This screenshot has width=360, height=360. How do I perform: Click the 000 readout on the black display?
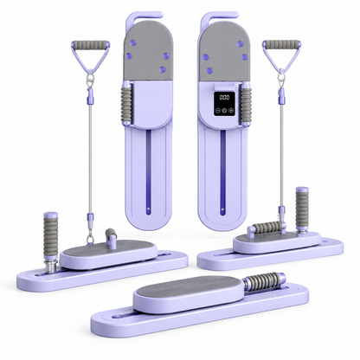(x=224, y=97)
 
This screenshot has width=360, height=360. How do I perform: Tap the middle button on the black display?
(x=225, y=110)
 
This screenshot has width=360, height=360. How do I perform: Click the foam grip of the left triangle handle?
(x=89, y=45)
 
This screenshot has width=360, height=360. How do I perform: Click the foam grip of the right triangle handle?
(x=281, y=44)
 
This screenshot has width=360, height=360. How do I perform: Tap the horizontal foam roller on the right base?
(x=267, y=227)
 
